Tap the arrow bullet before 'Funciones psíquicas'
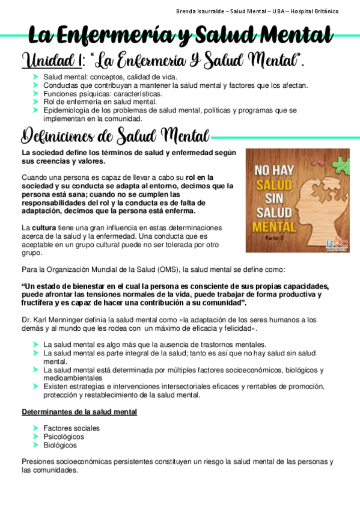coord(36,94)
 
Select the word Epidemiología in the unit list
coord(67,111)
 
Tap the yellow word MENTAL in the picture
coord(274,227)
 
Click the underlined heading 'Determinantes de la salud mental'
coord(79,412)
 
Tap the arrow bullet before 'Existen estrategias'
coord(36,387)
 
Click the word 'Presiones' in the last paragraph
coord(39,462)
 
